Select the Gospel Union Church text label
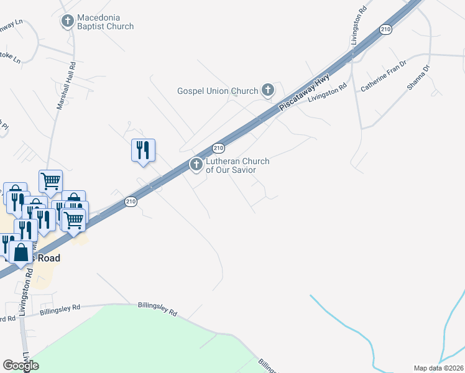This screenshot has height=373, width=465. click(218, 91)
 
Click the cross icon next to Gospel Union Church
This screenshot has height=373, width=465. click(268, 91)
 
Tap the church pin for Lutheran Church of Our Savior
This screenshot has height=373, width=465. click(196, 165)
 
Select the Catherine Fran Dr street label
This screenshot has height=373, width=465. click(383, 76)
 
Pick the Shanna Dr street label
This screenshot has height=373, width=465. click(418, 78)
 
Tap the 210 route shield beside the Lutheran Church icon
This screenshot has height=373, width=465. click(218, 148)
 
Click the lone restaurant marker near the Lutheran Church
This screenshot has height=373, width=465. click(143, 150)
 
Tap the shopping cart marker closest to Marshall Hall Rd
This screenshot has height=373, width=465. click(50, 181)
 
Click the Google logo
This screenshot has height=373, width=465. click(21, 366)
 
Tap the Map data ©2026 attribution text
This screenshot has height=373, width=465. click(438, 368)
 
